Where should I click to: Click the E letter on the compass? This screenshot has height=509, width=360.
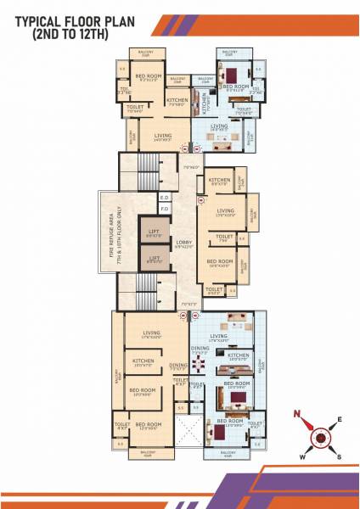tap(340, 419)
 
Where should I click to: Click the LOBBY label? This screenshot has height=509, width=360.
tap(184, 244)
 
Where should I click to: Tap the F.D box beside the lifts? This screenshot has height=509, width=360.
tap(165, 209)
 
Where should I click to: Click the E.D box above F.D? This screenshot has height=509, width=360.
tap(165, 197)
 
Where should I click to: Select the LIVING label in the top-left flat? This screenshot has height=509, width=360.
tap(165, 135)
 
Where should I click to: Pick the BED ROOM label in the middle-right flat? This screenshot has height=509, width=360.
tap(220, 261)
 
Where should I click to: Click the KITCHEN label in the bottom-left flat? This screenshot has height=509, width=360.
tap(143, 361)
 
